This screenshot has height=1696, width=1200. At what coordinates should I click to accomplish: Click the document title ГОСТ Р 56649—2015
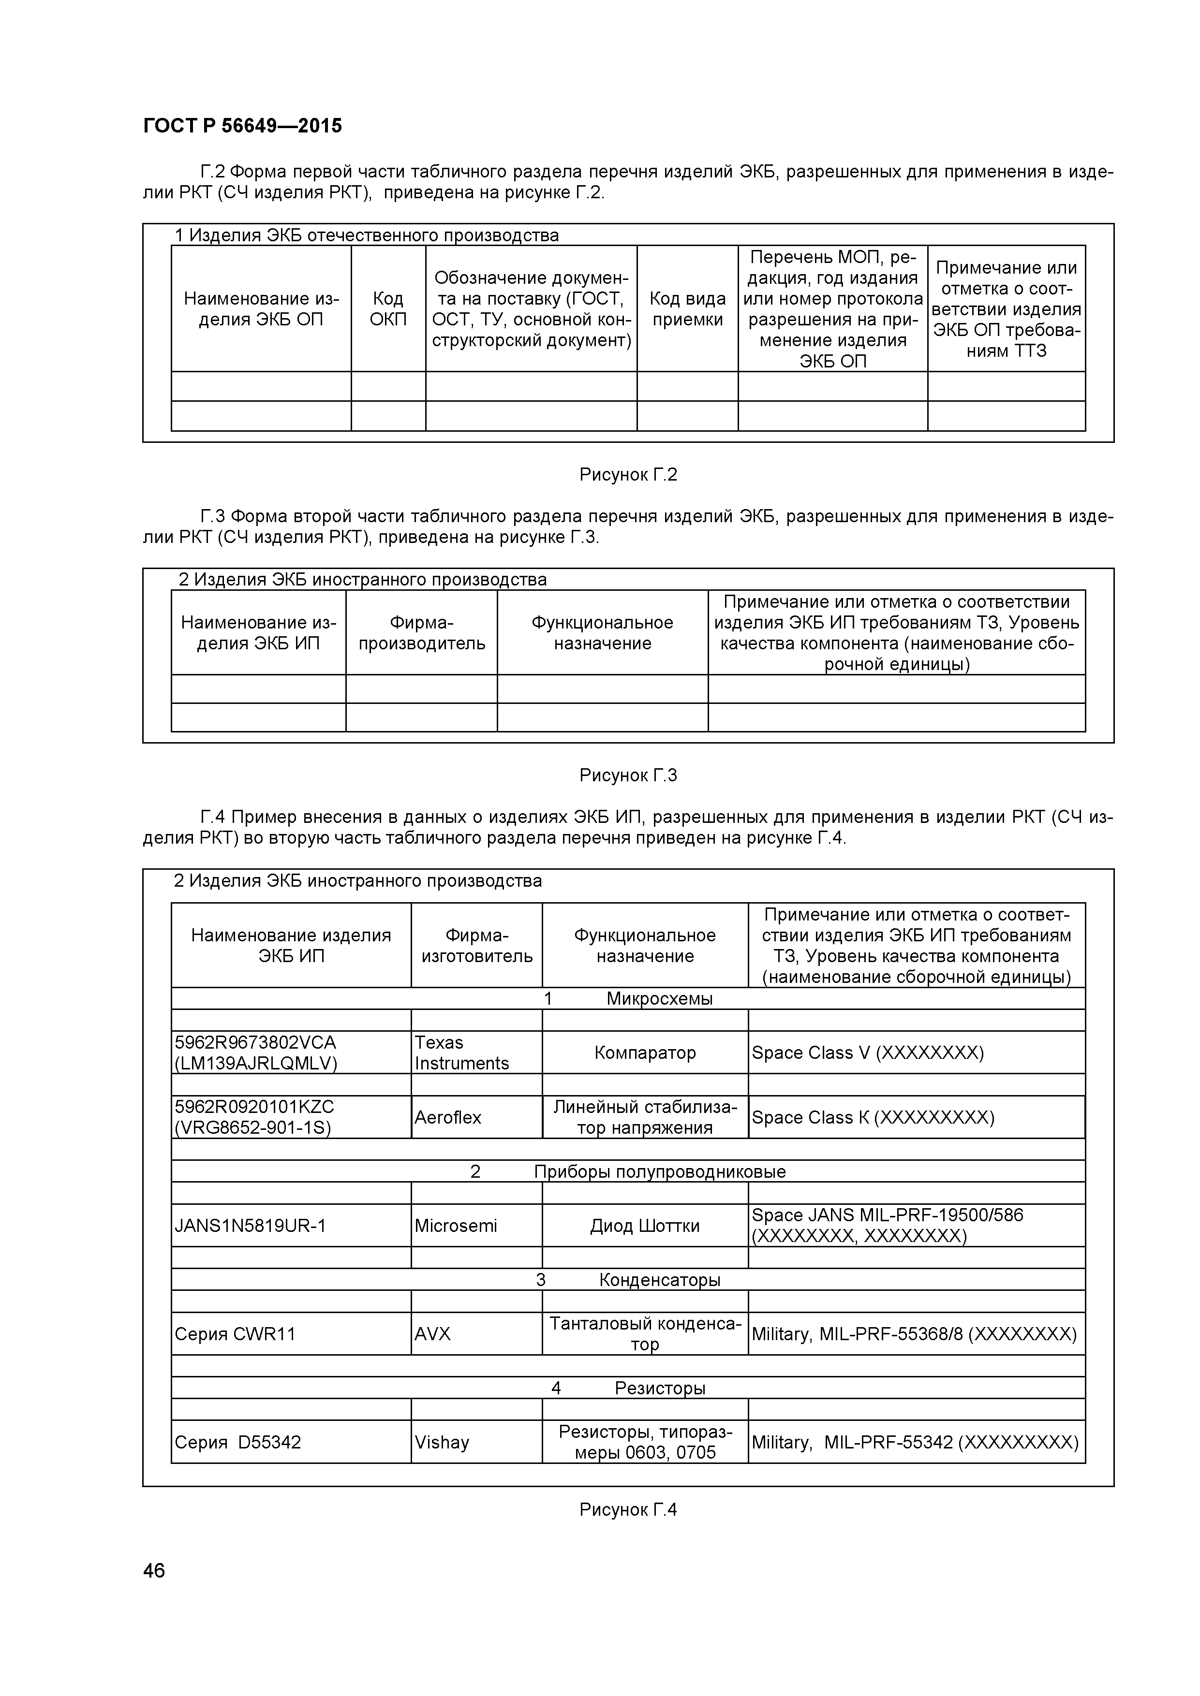pos(242,126)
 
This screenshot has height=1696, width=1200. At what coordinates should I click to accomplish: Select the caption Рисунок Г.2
pos(628,474)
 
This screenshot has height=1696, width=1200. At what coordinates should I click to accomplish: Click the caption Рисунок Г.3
pos(628,775)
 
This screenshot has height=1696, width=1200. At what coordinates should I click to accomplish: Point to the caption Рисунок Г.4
pos(628,1509)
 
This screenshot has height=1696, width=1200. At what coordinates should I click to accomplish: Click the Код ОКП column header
pos(388,309)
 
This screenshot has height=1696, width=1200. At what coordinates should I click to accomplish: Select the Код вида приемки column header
pos(687,309)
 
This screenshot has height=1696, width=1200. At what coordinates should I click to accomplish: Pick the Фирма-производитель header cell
pos(421,633)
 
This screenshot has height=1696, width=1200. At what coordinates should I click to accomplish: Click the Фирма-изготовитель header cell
pos(476,946)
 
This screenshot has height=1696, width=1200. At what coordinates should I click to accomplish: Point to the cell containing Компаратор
pos(645,1053)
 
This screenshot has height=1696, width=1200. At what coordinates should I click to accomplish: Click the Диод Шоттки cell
pos(645,1226)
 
